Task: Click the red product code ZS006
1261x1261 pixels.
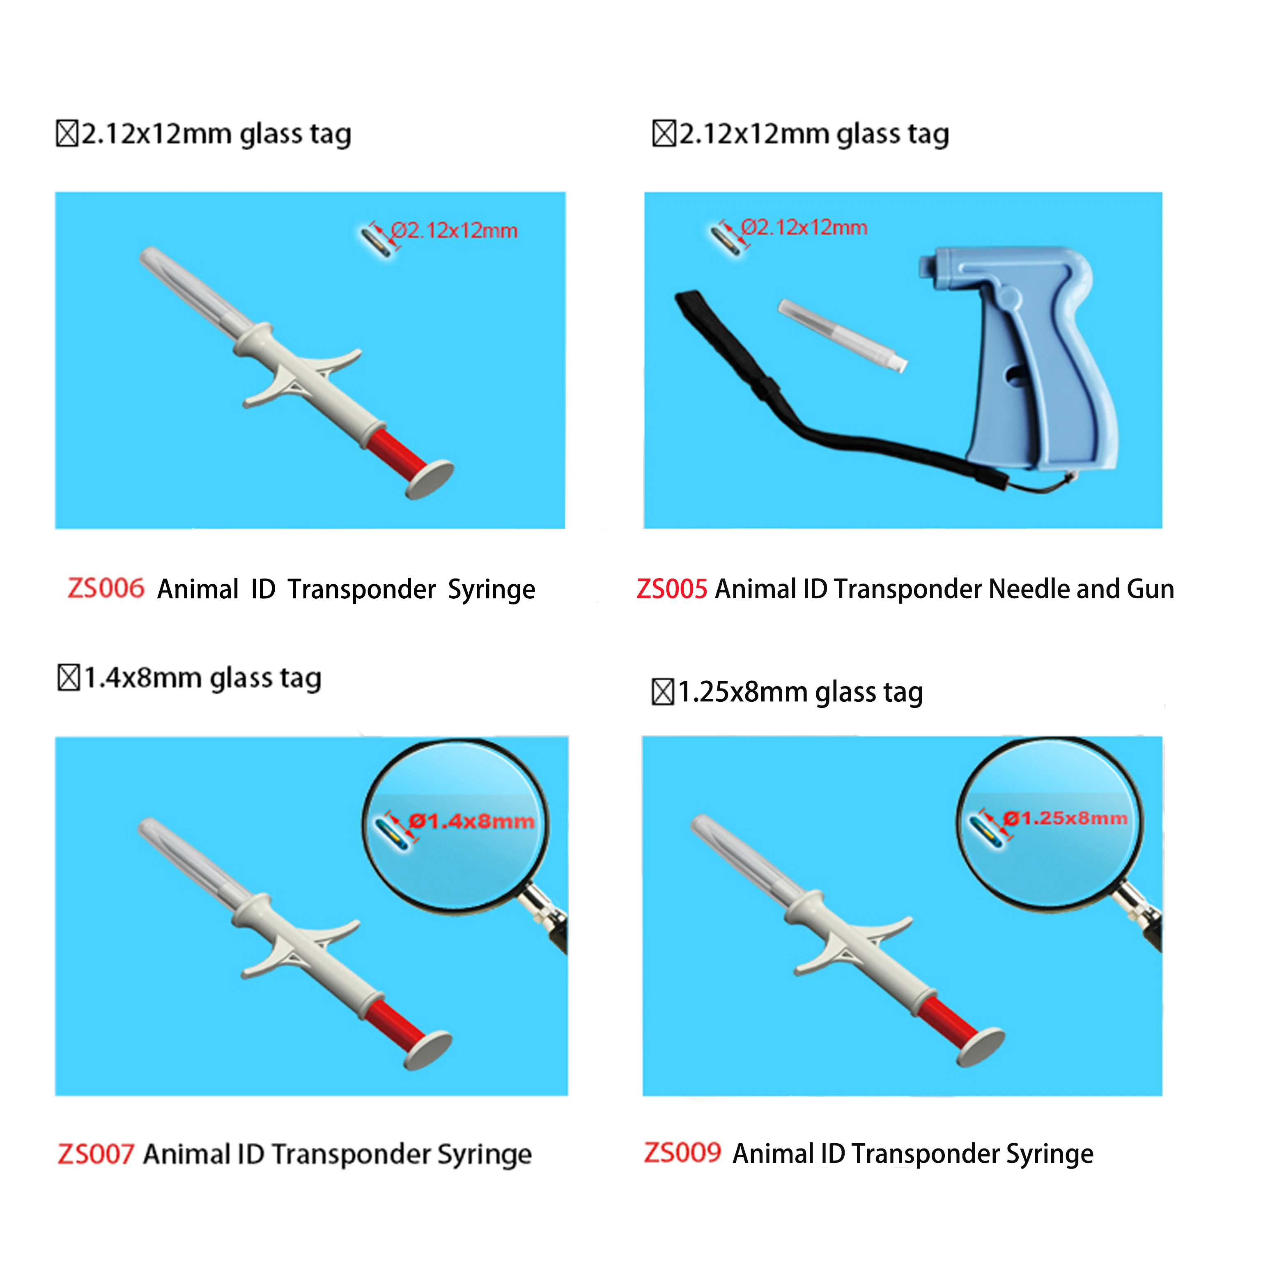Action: pyautogui.click(x=106, y=588)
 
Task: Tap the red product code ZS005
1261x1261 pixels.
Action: pyautogui.click(x=672, y=589)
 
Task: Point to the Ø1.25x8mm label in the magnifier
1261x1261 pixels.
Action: pyautogui.click(x=1065, y=818)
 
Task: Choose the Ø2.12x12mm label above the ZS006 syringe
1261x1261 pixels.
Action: pyautogui.click(x=454, y=230)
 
